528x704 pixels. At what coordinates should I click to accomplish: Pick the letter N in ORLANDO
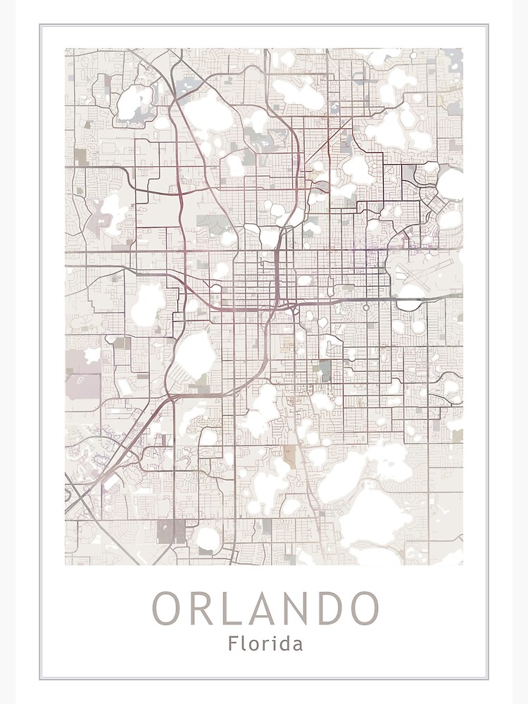click(297, 609)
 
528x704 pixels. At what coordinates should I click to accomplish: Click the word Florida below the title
click(265, 643)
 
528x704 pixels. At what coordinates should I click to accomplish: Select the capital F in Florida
click(232, 643)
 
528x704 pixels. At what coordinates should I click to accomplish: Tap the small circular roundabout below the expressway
click(366, 308)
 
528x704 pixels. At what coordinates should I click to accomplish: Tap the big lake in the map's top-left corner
click(134, 102)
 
